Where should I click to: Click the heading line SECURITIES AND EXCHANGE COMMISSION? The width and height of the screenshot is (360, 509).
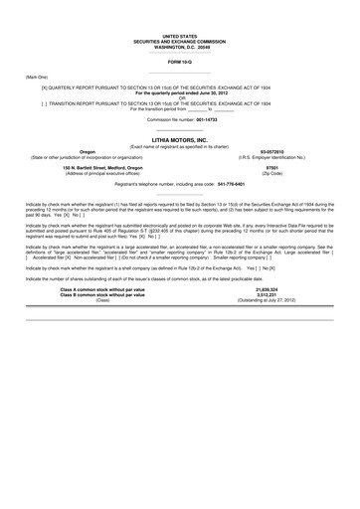click(x=179, y=41)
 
